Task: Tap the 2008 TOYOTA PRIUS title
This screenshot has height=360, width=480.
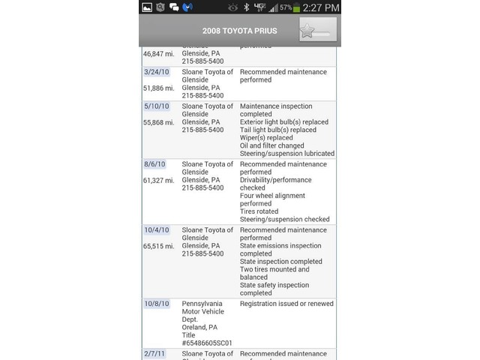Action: pos(239,31)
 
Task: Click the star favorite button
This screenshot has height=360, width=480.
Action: pos(317,30)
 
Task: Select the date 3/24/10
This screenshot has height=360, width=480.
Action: pos(156,72)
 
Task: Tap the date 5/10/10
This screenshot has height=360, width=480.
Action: pos(156,106)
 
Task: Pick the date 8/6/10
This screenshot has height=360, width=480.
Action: pos(154,164)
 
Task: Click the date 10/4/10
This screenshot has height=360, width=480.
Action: pos(156,230)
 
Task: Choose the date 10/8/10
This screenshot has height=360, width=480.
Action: pos(156,304)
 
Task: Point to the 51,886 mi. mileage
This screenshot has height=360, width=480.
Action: pos(158,88)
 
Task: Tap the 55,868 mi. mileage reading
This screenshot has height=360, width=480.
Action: pos(158,122)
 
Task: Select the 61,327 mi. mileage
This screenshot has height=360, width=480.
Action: pos(158,180)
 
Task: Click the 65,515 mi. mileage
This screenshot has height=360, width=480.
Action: pos(158,246)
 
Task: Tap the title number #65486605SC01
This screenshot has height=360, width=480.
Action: pos(207,343)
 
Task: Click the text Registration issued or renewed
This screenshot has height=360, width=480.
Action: pos(286,304)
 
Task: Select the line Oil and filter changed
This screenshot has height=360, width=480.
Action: pos(271,146)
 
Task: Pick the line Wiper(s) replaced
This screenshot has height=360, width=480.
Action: pos(266,138)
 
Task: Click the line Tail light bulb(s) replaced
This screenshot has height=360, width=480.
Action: pos(278,130)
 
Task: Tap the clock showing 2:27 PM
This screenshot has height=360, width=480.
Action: pos(321,7)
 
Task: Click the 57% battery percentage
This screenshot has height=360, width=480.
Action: pos(285,7)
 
